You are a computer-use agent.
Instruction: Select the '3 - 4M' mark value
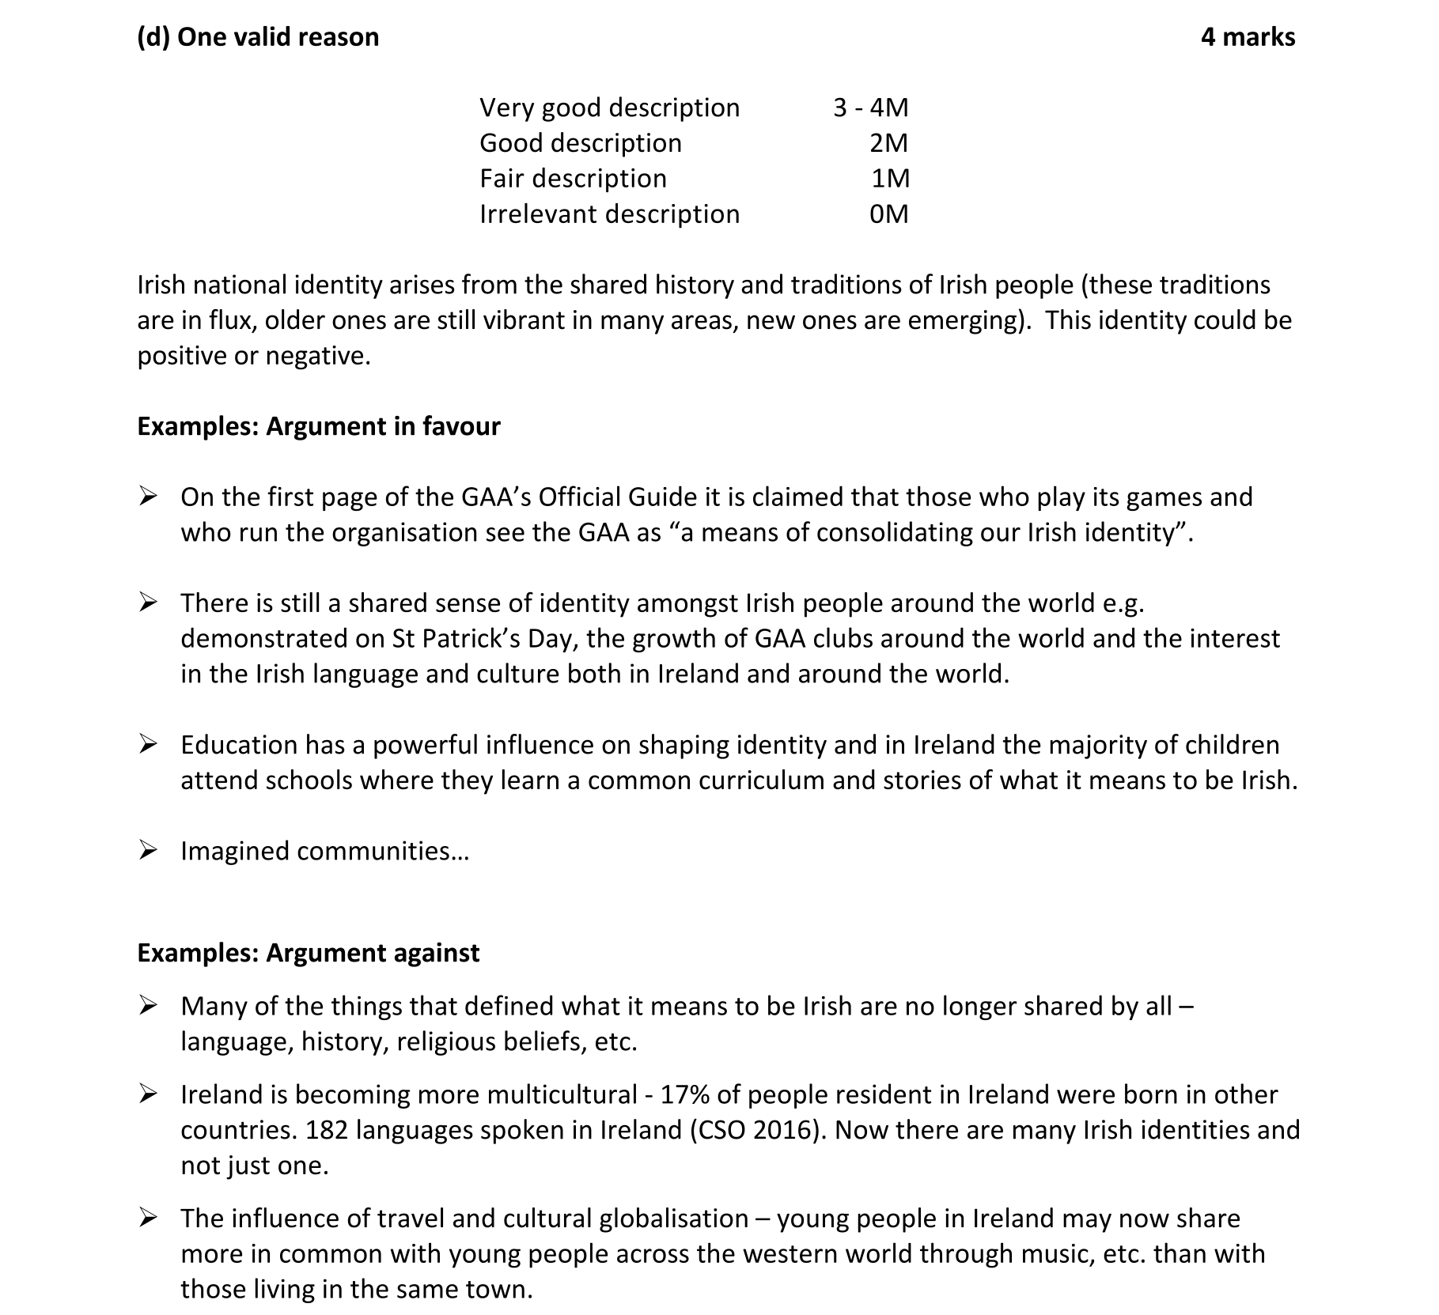pyautogui.click(x=870, y=108)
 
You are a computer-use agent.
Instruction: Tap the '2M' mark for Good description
pyautogui.click(x=888, y=143)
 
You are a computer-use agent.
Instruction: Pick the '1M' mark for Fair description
pyautogui.click(x=890, y=179)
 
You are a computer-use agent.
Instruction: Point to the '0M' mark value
pyautogui.click(x=888, y=214)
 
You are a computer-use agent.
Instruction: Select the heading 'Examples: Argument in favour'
pyautogui.click(x=319, y=426)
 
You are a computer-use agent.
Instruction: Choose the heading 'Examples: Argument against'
pyautogui.click(x=308, y=953)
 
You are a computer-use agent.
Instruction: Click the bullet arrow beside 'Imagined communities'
pyautogui.click(x=147, y=851)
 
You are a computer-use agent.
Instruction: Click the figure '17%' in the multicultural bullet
pyautogui.click(x=684, y=1095)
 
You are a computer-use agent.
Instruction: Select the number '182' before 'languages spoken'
pyautogui.click(x=327, y=1131)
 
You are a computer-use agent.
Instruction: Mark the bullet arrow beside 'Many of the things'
pyautogui.click(x=147, y=1006)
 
